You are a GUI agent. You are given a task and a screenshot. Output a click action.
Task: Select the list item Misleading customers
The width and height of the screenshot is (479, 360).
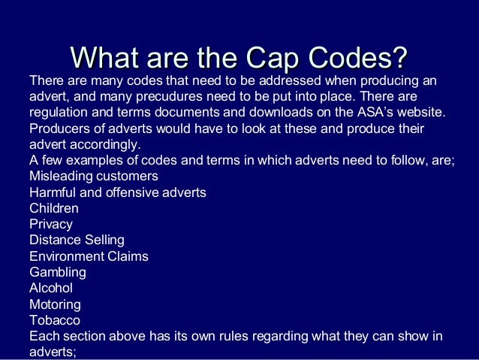point(93,177)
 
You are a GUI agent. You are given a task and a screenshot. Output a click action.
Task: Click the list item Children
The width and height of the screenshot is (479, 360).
point(53,208)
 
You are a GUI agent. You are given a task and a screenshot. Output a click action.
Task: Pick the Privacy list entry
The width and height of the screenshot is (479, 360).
point(51,224)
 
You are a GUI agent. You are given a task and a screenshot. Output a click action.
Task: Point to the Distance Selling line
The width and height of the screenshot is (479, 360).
point(77,240)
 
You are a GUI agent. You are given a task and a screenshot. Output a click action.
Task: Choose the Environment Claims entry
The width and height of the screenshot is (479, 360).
point(89,256)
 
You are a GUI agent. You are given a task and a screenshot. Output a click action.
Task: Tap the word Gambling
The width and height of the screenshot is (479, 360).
point(58,272)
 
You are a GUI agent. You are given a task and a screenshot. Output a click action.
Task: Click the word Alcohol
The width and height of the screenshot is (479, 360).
point(51,288)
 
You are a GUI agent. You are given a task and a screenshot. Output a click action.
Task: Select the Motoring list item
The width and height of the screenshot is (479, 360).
point(55,304)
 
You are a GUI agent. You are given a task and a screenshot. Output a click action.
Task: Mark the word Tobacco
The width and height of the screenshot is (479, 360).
point(55,320)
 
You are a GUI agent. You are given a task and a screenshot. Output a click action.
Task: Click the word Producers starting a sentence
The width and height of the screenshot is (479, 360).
point(59,129)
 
